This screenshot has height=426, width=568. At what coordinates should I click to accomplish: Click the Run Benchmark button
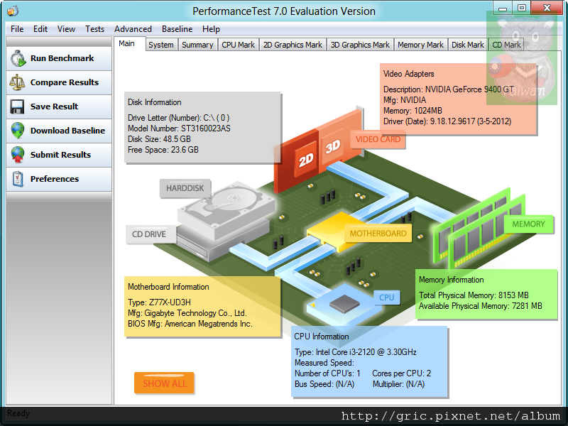point(59,58)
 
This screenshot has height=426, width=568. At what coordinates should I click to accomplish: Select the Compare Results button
point(59,82)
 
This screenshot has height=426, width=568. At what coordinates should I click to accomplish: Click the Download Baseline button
point(59,131)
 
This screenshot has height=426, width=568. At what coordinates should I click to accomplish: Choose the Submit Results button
point(59,155)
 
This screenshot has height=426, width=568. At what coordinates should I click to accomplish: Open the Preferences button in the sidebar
point(59,179)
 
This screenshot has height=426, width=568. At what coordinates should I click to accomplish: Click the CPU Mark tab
point(238,45)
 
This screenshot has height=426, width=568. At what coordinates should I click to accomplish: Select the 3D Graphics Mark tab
point(361,45)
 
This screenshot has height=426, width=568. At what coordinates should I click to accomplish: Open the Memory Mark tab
point(420,45)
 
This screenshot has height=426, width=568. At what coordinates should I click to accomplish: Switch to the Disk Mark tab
point(468,45)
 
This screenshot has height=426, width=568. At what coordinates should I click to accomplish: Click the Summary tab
point(197,45)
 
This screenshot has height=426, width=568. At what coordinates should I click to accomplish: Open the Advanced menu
point(133,29)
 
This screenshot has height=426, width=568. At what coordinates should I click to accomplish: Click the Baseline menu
point(177,29)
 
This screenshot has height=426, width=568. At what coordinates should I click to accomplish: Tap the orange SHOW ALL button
point(165,383)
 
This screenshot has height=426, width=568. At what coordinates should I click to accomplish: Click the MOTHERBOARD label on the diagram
point(378,233)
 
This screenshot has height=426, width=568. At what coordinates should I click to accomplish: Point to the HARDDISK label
point(185,189)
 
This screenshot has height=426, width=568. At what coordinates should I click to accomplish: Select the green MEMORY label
point(528,224)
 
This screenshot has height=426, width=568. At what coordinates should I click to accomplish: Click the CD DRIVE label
point(149,234)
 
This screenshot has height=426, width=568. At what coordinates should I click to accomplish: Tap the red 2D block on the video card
point(306,160)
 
